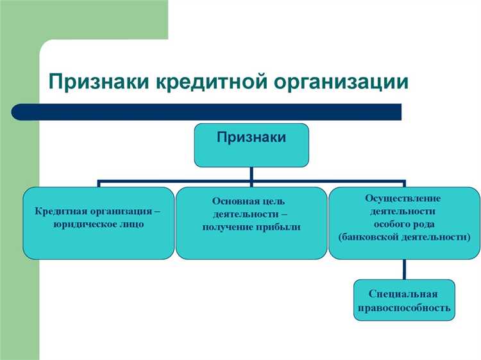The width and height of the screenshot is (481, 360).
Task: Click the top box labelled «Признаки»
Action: (x=251, y=145)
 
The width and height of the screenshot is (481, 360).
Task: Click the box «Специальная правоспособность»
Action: (x=403, y=300)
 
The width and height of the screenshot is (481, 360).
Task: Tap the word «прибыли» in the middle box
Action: (x=279, y=227)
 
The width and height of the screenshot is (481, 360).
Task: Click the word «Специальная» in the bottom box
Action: (x=403, y=294)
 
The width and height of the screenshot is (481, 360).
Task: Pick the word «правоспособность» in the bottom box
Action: (x=403, y=307)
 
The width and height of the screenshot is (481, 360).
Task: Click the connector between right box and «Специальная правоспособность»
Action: (x=403, y=269)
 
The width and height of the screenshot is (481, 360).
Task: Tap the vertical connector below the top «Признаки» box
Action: (x=251, y=174)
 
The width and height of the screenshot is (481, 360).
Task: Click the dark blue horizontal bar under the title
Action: (x=212, y=112)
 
